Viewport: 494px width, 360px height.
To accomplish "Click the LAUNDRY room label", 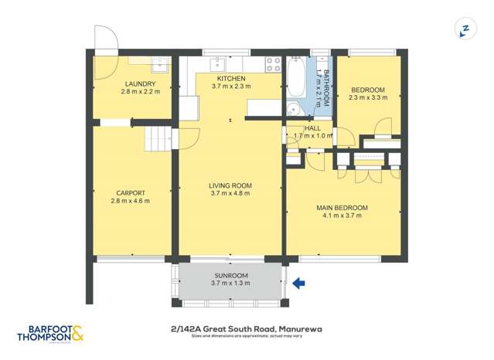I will pyautogui.click(x=140, y=84).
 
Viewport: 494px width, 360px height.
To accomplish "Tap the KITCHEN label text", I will pyautogui.click(x=230, y=79).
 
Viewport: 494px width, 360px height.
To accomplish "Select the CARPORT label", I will pyautogui.click(x=130, y=193).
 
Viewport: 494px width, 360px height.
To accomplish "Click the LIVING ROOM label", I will pyautogui.click(x=230, y=185).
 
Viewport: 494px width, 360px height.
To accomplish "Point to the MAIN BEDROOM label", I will pyautogui.click(x=341, y=208).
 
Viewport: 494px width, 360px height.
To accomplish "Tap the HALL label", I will pyautogui.click(x=312, y=128).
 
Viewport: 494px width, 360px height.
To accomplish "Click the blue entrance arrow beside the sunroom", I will pyautogui.click(x=299, y=284).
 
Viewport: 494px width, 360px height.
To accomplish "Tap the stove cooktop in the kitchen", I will pyautogui.click(x=274, y=63).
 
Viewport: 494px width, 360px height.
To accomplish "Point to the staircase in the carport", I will pyautogui.click(x=158, y=140).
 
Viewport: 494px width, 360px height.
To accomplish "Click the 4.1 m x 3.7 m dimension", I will pyautogui.click(x=341, y=216).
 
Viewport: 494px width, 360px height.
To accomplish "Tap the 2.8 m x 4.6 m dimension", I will pyautogui.click(x=130, y=202).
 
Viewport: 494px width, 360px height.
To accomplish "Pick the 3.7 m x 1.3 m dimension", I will pyautogui.click(x=230, y=284).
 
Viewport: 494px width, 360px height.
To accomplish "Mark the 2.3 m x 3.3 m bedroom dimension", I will pyautogui.click(x=366, y=98).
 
